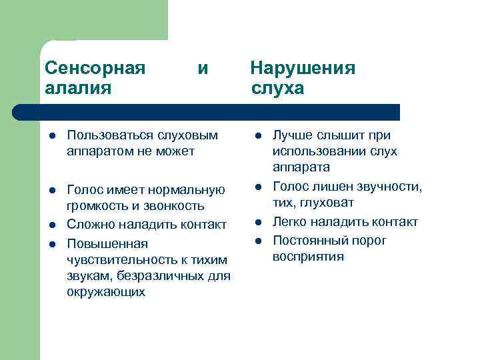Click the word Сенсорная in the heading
95,69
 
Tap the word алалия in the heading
78,88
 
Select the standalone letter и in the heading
203,69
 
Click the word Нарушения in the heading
303,69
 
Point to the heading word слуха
277,88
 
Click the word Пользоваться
111,135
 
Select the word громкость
96,206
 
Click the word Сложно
89,223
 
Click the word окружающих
106,292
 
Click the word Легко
291,221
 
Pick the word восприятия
308,256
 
